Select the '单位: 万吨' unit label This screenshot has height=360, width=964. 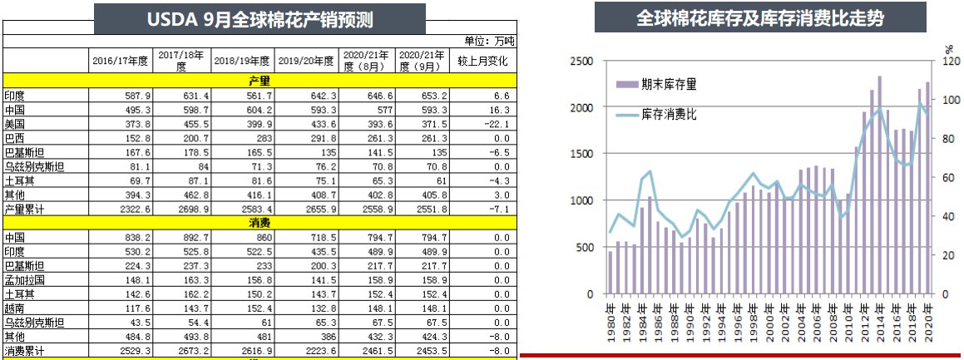[x=490, y=40]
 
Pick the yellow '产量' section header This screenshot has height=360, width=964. [x=260, y=81]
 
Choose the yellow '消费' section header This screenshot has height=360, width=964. [x=260, y=224]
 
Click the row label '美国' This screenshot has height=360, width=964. [x=15, y=124]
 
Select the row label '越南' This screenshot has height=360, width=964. [x=15, y=308]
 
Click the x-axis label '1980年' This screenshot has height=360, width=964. [x=611, y=319]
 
